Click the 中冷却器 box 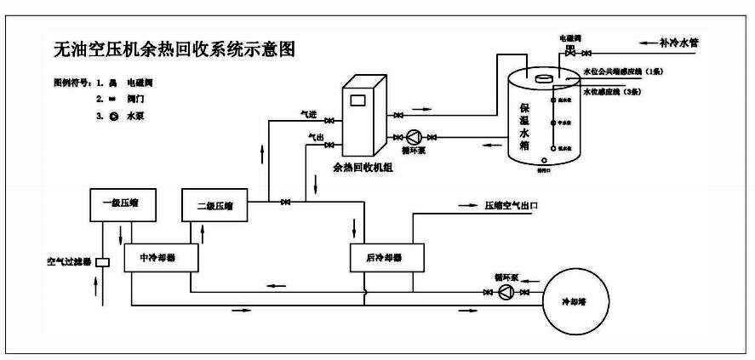pos(162,257)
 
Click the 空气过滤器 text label pos(68,261)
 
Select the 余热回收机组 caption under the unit pos(363,167)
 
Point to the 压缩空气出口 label pos(512,206)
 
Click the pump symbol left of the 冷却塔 pos(506,293)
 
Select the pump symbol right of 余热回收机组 pos(415,136)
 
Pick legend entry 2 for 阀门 pos(123,99)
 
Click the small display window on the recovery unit pos(357,98)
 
